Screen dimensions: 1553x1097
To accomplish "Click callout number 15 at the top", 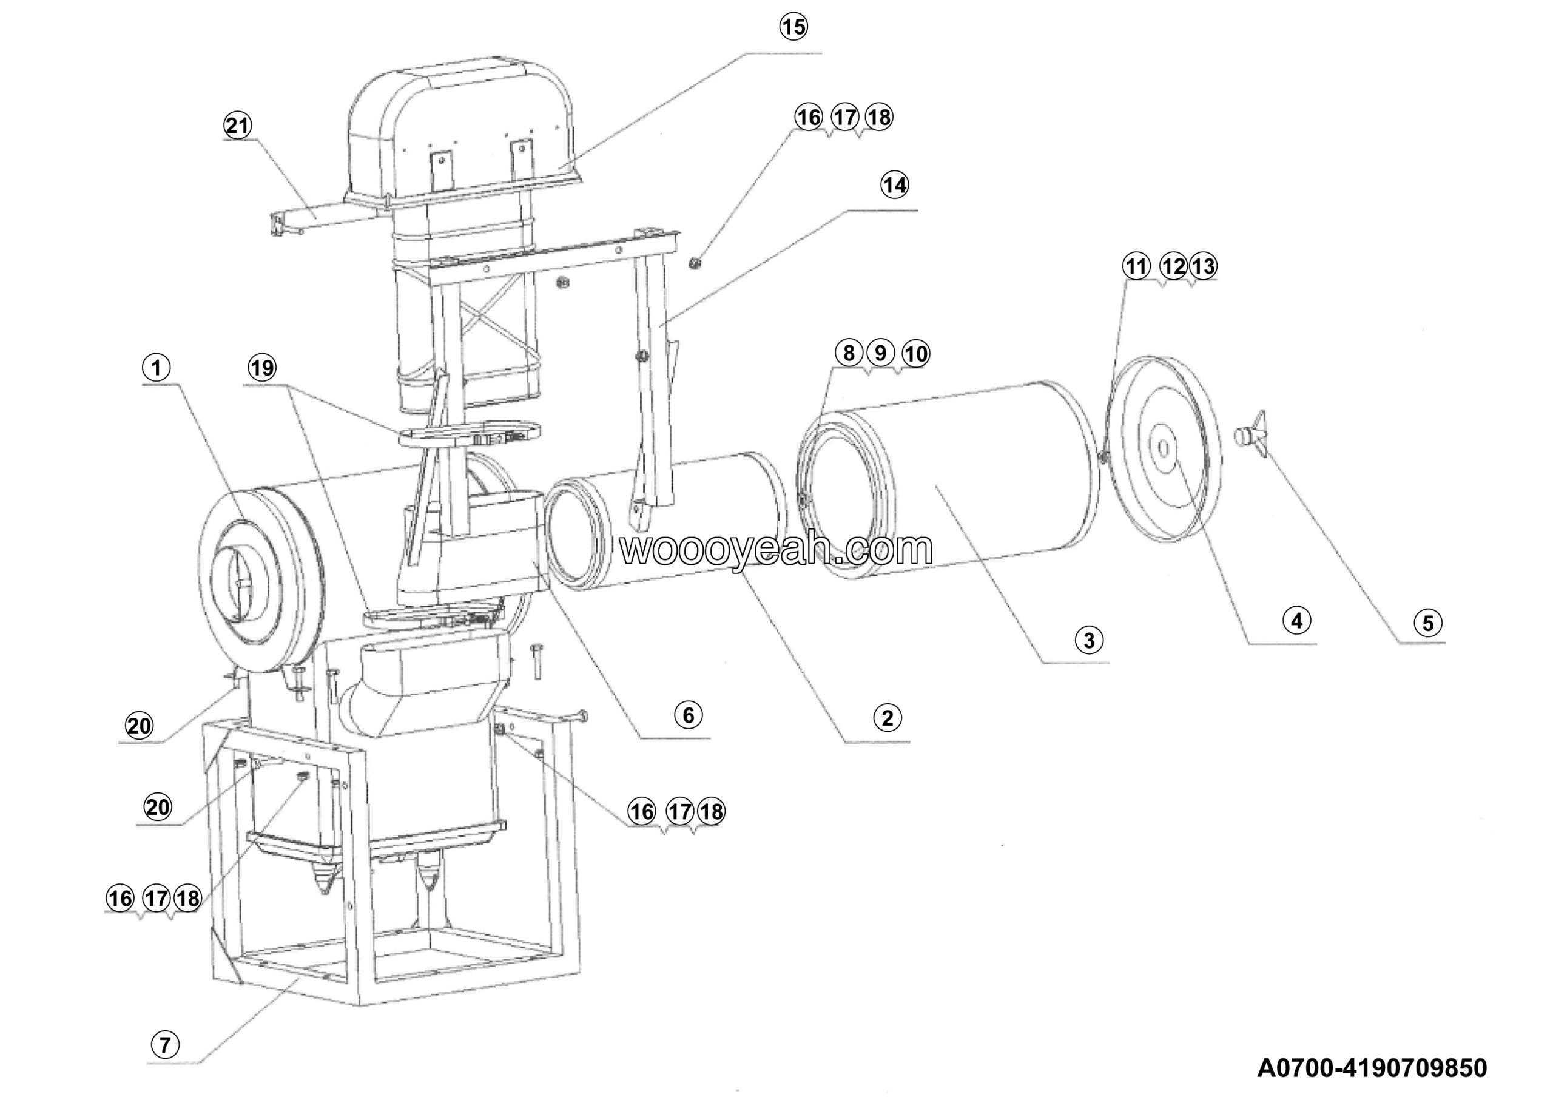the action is pyautogui.click(x=793, y=27).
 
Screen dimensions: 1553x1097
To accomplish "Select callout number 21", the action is pyautogui.click(x=237, y=126).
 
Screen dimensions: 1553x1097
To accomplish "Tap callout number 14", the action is pyautogui.click(x=894, y=184).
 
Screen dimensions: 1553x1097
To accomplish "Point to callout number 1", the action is pyautogui.click(x=157, y=368).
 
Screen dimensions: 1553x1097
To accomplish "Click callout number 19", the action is pyautogui.click(x=263, y=368).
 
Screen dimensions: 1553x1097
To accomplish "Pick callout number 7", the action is pyautogui.click(x=165, y=1044).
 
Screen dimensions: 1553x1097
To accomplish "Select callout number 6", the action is pyautogui.click(x=689, y=715).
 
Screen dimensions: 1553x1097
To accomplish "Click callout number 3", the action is pyautogui.click(x=1089, y=639).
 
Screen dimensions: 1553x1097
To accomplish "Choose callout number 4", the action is pyautogui.click(x=1296, y=620).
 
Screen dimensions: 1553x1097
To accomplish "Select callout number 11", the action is pyautogui.click(x=1136, y=266).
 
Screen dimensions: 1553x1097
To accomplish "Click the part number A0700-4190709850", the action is pyautogui.click(x=1372, y=1068).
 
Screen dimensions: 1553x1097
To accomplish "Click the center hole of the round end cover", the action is pyautogui.click(x=1164, y=448).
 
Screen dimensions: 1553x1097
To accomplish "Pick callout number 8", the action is pyautogui.click(x=848, y=353).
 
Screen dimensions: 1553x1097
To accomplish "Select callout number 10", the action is pyautogui.click(x=916, y=353).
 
